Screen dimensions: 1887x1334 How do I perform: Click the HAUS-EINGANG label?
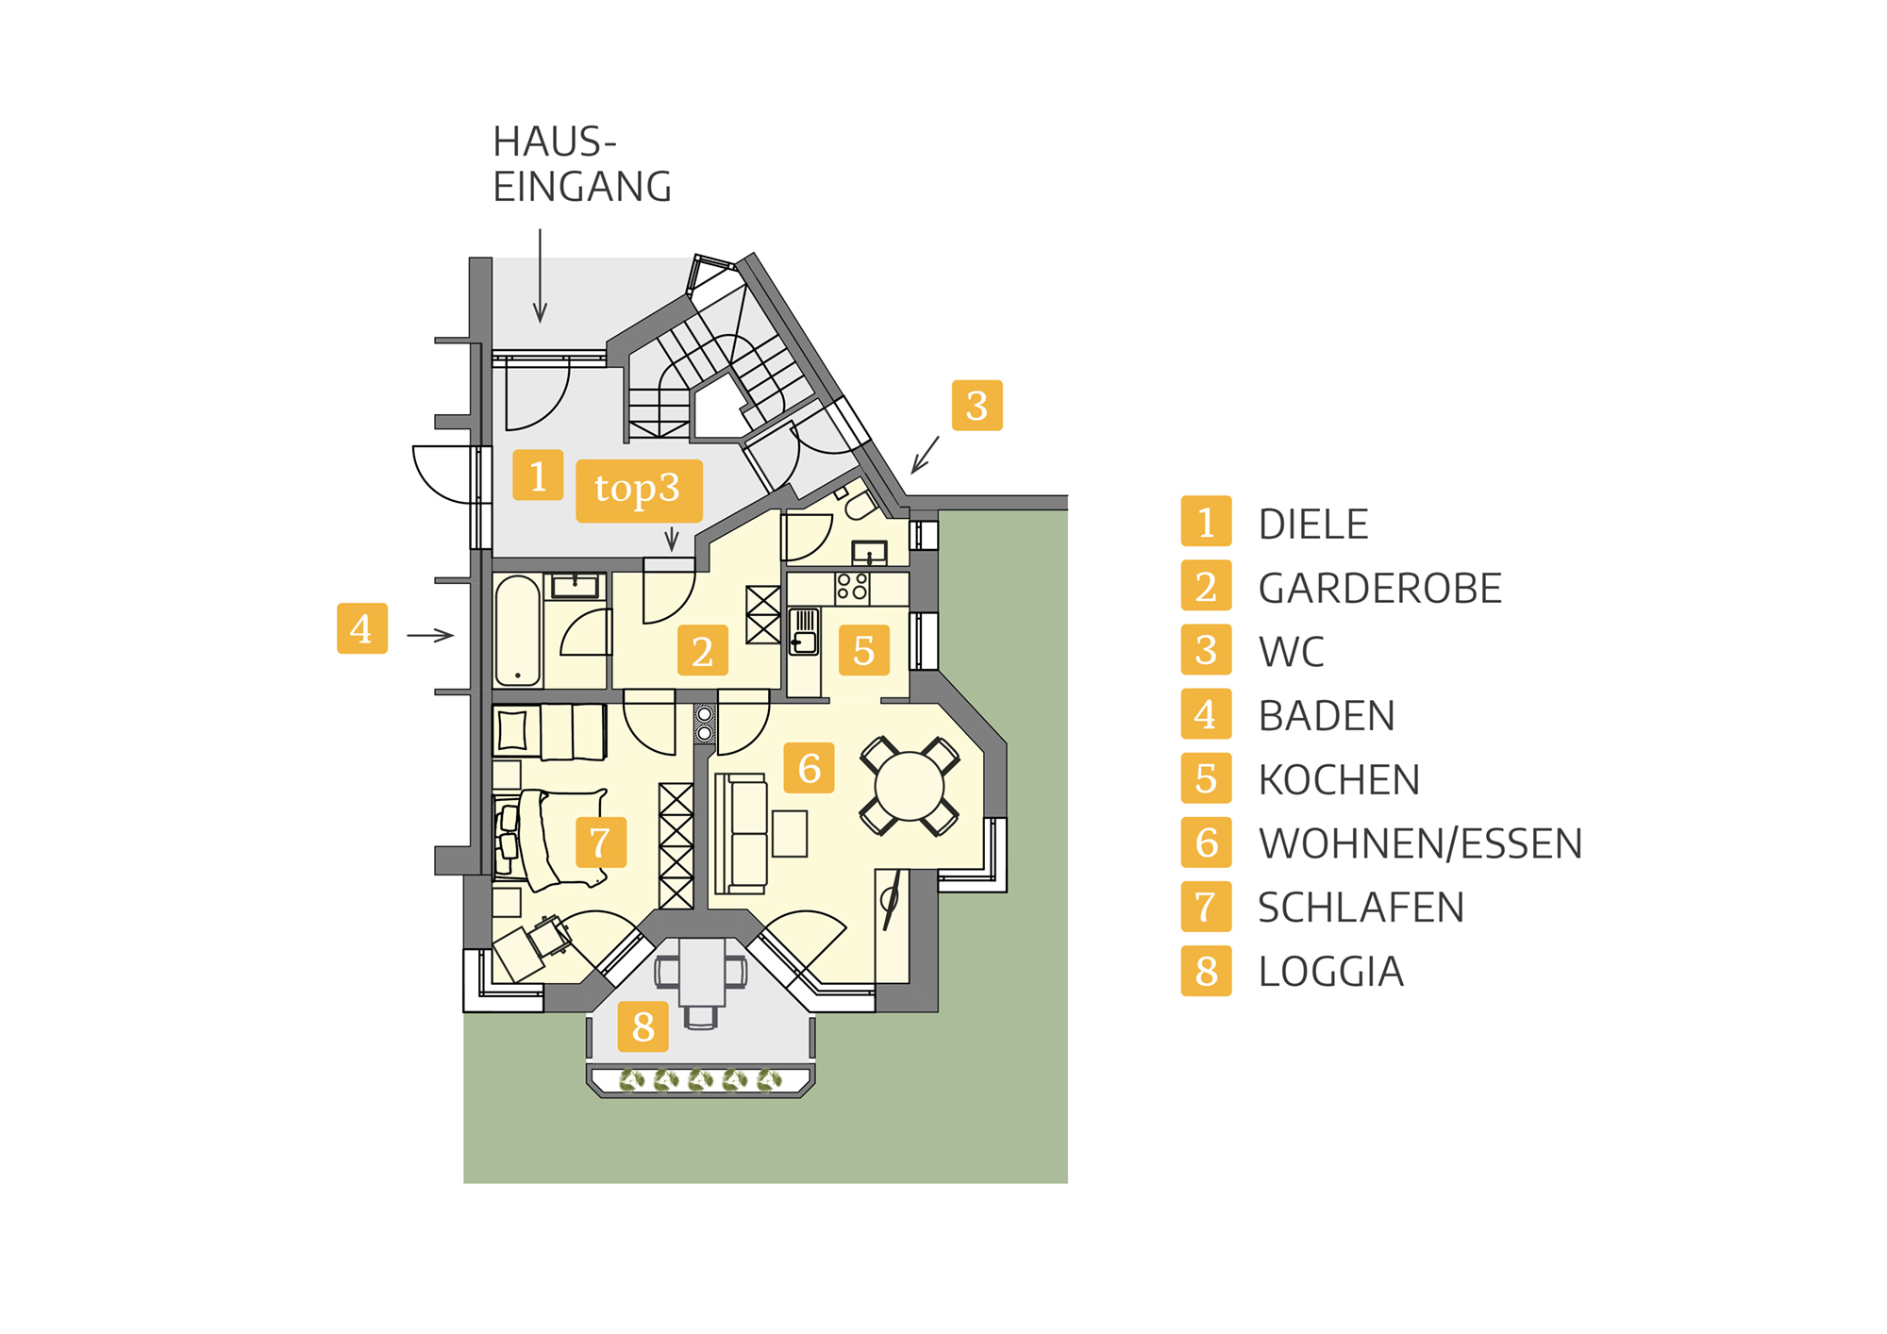point(582,164)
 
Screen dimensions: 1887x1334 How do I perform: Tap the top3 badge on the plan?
point(639,491)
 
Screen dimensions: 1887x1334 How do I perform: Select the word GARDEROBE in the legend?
point(1379,589)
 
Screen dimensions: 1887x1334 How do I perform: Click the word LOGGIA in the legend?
point(1330,972)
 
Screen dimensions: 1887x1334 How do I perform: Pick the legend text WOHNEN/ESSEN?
point(1420,843)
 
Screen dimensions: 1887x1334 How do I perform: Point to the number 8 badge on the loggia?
point(643,1026)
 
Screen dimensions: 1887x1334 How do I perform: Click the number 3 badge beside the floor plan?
point(977,406)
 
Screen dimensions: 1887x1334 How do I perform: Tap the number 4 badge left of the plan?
point(362,628)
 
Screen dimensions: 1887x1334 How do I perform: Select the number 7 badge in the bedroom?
point(601,842)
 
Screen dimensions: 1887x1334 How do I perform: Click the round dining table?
point(910,786)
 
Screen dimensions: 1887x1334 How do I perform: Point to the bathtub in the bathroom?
point(517,630)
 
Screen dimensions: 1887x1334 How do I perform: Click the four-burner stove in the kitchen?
point(852,587)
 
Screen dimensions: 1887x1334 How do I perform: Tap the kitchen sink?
point(804,631)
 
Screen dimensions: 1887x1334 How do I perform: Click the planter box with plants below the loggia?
point(699,1080)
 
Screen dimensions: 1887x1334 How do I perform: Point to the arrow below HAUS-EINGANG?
point(540,275)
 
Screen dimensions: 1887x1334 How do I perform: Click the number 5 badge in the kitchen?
point(864,650)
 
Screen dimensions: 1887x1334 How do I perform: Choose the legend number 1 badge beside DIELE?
point(1206,521)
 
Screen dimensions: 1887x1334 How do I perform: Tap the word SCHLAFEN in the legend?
point(1361,908)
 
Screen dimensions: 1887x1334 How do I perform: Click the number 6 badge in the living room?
point(810,768)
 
